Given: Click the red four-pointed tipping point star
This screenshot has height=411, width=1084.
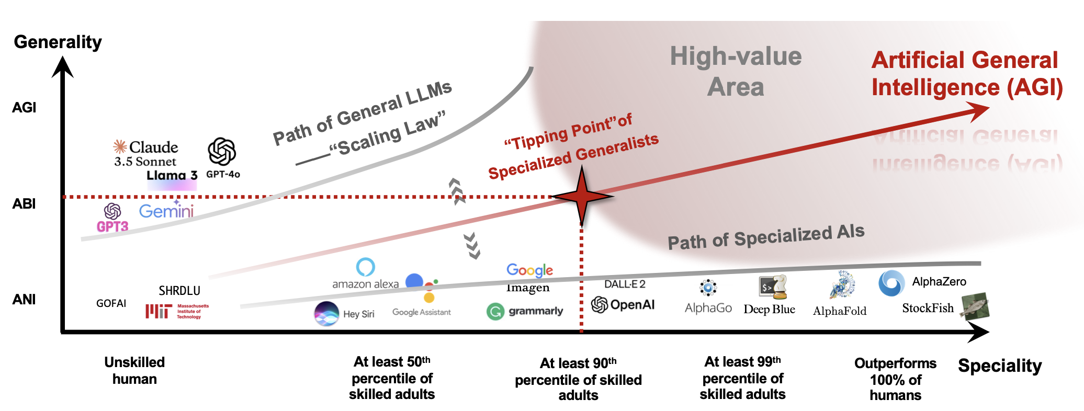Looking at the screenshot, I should coord(582,197).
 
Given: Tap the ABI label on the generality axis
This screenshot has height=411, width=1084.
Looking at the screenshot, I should coord(24,204).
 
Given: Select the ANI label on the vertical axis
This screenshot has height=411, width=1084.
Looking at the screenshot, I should coord(24,300).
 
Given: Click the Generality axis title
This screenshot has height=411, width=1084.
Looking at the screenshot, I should coord(58,42).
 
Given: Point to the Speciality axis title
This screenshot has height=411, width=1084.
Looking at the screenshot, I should coord(999,366).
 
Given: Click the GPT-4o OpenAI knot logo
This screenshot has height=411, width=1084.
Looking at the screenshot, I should coord(222,152).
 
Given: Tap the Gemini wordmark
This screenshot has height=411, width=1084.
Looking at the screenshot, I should coord(166,211).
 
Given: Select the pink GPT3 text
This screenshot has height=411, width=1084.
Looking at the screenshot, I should coord(112,226).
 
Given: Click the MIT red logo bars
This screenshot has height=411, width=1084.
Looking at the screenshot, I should coord(158,311).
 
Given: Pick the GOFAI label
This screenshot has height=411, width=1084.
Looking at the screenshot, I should coord(111,303).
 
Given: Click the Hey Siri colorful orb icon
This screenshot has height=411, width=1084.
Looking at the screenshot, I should coord(326,314).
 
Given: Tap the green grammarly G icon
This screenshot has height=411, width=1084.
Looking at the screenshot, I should coord(495,312).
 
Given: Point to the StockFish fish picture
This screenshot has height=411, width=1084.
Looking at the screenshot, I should coord(975,306).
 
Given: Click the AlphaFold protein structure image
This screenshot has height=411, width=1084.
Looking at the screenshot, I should coord(842,286).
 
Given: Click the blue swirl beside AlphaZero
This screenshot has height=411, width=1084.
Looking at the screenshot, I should coord(891,283).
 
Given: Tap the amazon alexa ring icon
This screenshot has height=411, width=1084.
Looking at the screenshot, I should coord(365,267).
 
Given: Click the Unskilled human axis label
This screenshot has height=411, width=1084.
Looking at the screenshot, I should coord(134,370).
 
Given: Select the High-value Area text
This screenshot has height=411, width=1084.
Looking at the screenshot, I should coord(736,72).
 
